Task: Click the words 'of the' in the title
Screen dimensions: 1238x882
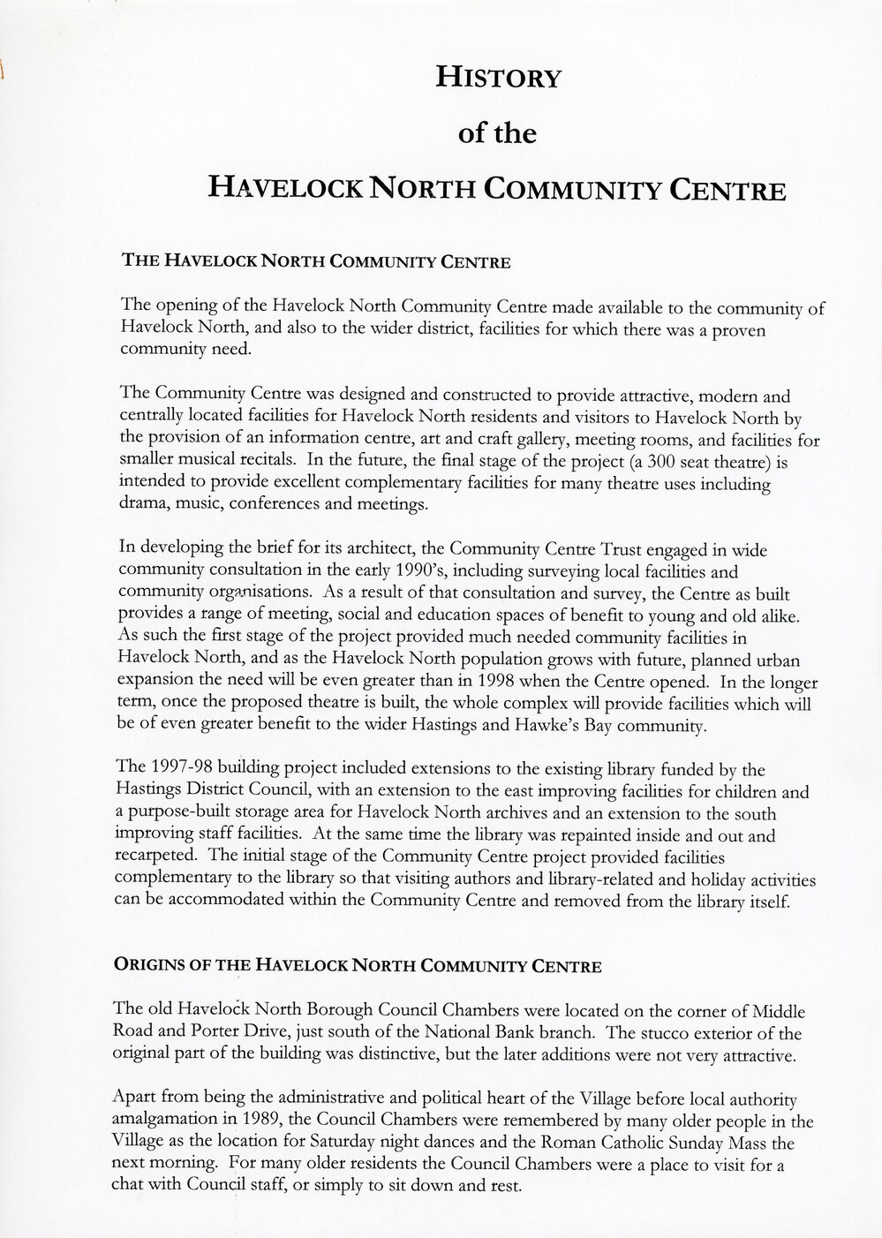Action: pyautogui.click(x=498, y=133)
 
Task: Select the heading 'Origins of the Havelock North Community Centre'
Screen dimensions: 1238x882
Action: pyautogui.click(x=358, y=965)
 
